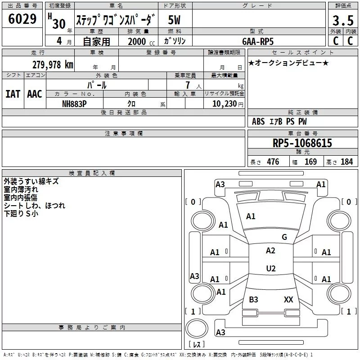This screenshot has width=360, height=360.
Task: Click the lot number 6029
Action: point(22,19)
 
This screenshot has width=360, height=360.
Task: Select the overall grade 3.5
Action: point(343,20)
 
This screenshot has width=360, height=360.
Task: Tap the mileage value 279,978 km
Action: point(53,65)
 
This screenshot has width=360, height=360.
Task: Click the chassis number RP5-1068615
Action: point(302,143)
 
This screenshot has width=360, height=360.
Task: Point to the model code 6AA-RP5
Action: point(258,41)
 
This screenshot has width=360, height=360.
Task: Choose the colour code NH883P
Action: point(74,104)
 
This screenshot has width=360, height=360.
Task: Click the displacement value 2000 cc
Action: point(141,42)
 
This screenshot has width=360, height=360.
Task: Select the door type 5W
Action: point(174,20)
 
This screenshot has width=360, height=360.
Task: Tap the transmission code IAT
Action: point(13,94)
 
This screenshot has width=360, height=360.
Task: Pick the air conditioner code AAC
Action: point(35,94)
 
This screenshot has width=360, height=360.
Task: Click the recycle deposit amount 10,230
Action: point(225,104)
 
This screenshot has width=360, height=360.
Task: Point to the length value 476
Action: point(273,162)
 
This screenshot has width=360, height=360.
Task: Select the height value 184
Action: point(346,162)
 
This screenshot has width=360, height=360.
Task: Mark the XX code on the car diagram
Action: point(288,299)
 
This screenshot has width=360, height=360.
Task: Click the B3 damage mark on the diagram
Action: point(253,299)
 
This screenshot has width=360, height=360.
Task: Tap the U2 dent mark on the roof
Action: point(271,268)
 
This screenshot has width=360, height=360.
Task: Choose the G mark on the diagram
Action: point(284,237)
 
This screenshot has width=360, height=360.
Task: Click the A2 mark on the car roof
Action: point(270,251)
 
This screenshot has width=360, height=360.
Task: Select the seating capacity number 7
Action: point(188,85)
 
